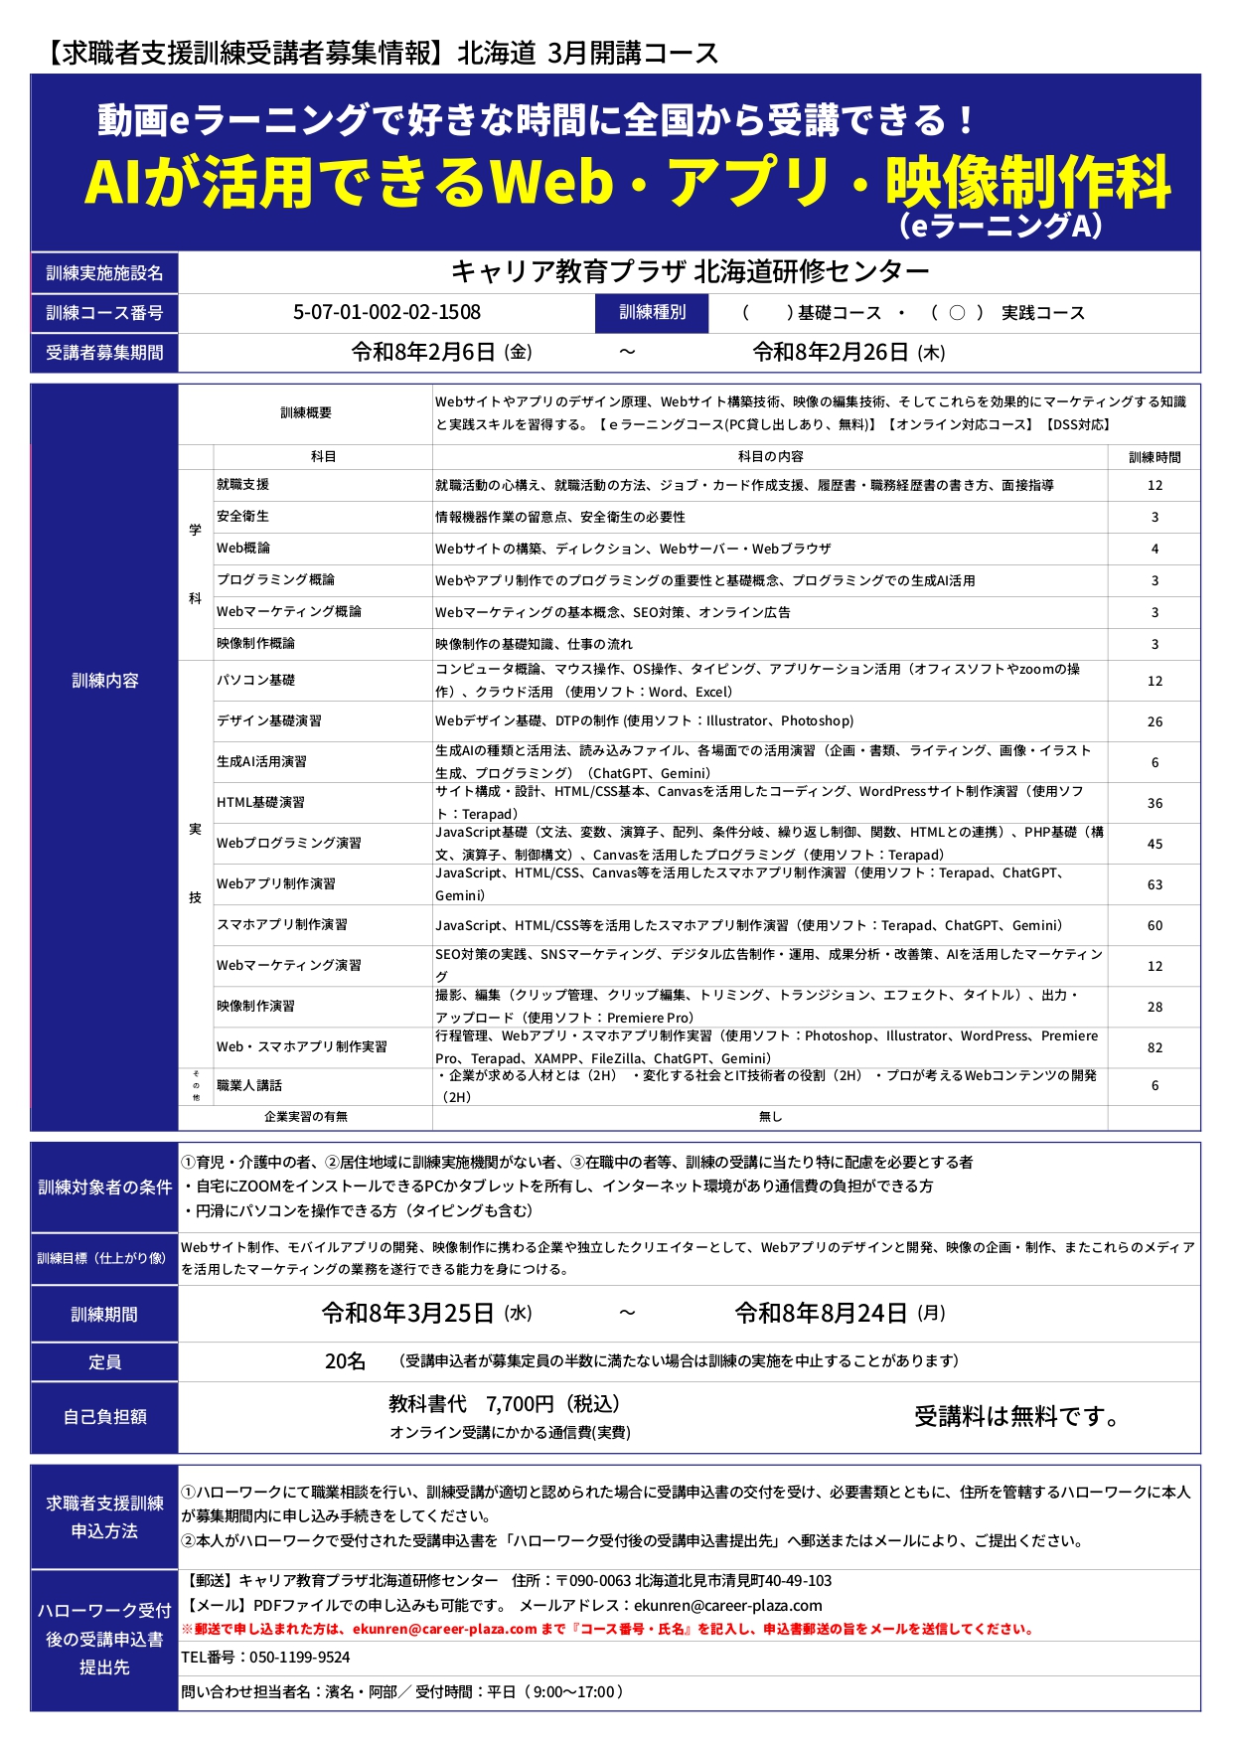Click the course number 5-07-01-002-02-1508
pyautogui.click(x=386, y=312)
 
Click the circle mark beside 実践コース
pyautogui.click(x=957, y=313)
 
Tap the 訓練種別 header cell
pyautogui.click(x=653, y=312)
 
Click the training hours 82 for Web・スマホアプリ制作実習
pyautogui.click(x=1155, y=1047)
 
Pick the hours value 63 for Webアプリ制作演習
pyautogui.click(x=1155, y=884)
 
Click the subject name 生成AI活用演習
pyautogui.click(x=261, y=761)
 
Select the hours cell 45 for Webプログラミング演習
pyautogui.click(x=1155, y=844)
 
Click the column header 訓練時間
pyautogui.click(x=1155, y=457)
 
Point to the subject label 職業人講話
pyautogui.click(x=249, y=1085)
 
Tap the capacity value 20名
pyautogui.click(x=345, y=1361)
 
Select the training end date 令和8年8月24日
pyautogui.click(x=821, y=1314)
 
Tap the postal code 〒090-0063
pyautogui.click(x=593, y=1580)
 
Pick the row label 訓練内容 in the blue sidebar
pyautogui.click(x=104, y=681)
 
